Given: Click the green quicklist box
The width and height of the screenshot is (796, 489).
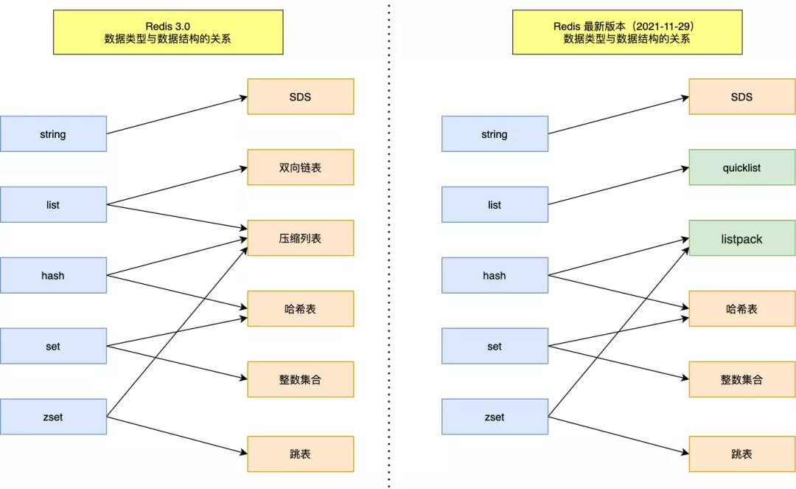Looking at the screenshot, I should [x=741, y=167].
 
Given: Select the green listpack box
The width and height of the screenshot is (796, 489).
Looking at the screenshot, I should [x=741, y=238].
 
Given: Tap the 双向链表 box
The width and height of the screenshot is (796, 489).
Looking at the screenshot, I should [x=300, y=167].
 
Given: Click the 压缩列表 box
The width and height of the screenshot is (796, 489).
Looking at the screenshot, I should [x=300, y=238].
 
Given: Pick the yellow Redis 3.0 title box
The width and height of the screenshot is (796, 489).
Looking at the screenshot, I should [x=167, y=32].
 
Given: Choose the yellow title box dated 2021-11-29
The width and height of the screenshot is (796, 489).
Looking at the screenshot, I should [x=626, y=32].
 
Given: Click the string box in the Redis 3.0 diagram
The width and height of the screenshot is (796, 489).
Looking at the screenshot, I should [x=53, y=134].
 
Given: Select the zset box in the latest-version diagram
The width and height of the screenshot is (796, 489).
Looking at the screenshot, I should [x=495, y=417].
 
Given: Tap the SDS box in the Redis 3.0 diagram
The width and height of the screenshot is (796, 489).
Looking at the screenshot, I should [x=300, y=97].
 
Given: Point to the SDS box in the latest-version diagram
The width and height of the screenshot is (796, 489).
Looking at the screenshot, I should [x=741, y=97].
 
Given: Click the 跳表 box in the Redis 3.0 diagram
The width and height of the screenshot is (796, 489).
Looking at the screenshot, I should [x=300, y=454].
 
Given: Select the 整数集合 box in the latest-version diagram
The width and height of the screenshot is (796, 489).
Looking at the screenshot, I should [x=741, y=380].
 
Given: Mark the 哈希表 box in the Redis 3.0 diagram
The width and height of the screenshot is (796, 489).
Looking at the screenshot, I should [x=300, y=309].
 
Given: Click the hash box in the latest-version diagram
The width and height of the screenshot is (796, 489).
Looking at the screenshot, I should [x=495, y=275].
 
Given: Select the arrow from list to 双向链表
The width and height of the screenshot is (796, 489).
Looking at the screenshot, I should [x=177, y=186].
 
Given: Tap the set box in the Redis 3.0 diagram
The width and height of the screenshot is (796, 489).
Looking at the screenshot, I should [x=53, y=346].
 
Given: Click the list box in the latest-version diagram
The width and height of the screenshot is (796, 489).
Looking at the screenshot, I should [x=495, y=204].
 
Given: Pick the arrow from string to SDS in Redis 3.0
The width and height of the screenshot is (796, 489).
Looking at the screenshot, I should [x=177, y=115].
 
